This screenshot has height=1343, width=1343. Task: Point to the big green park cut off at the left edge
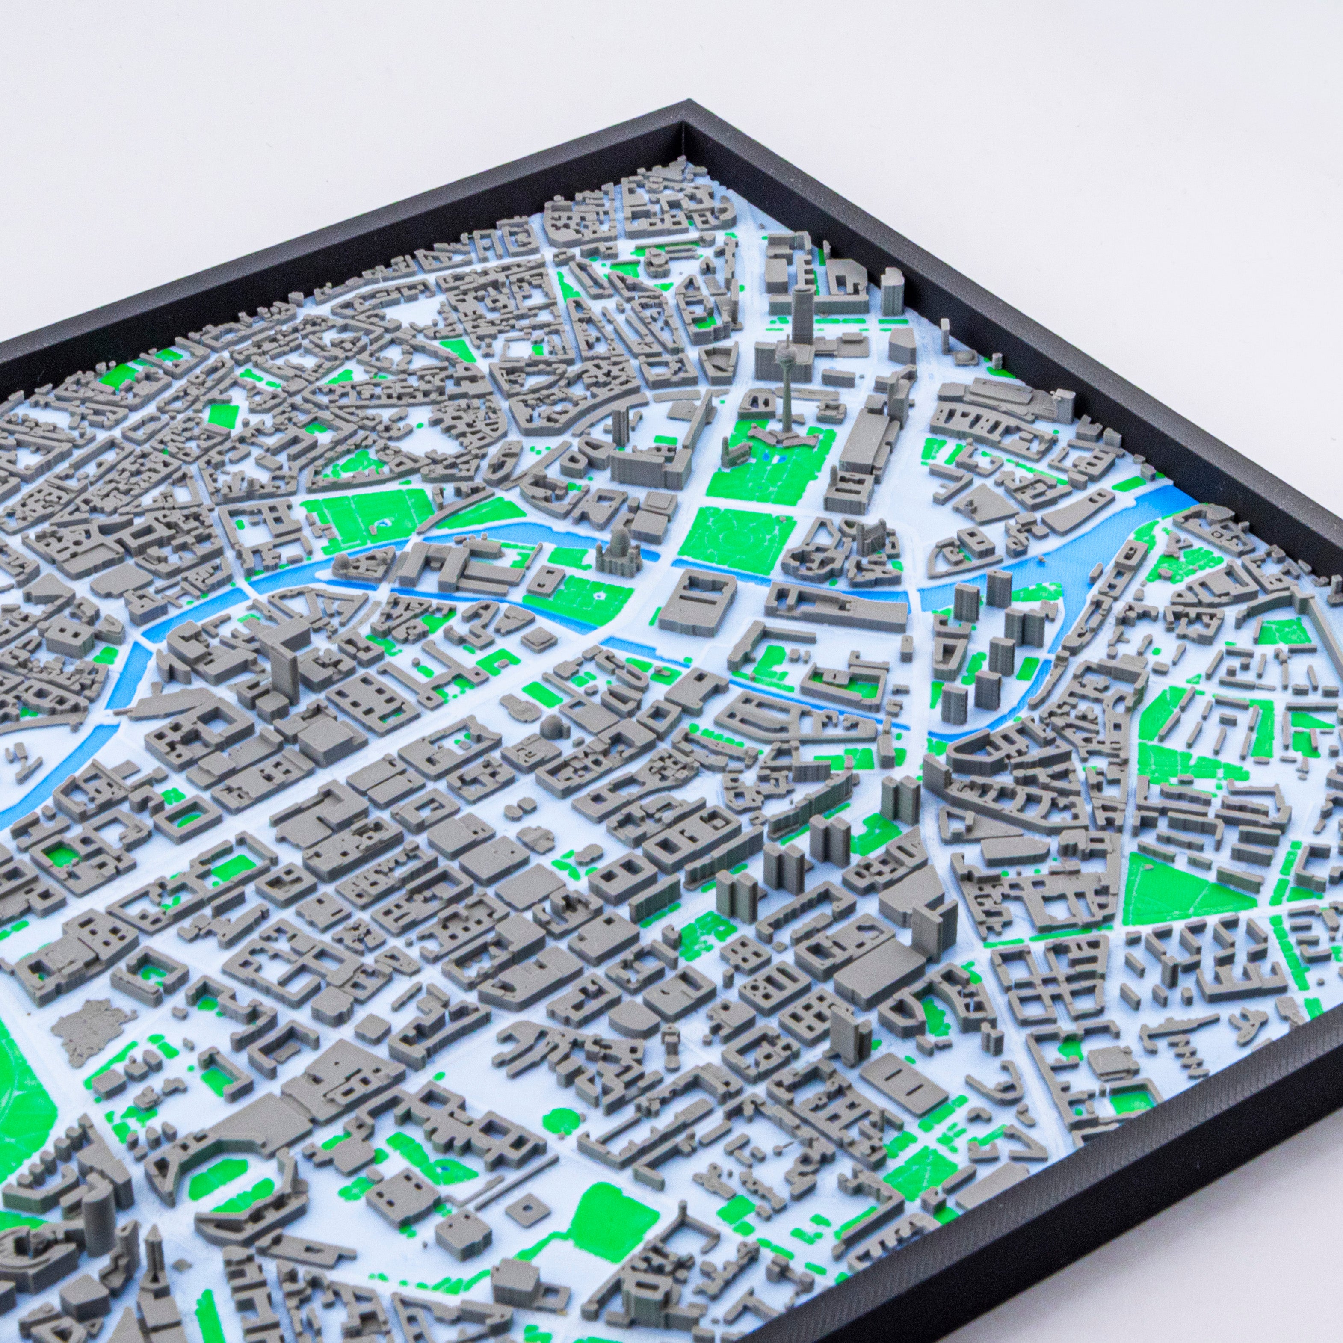21,1112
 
